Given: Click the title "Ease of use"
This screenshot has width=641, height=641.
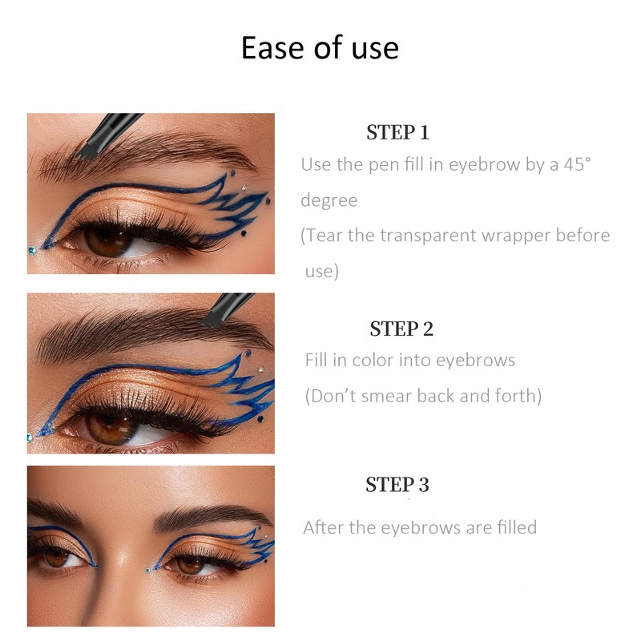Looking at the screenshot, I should tap(320, 48).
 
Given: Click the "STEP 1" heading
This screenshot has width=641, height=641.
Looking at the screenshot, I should tap(397, 132).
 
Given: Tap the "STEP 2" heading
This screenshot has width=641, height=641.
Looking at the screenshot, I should tap(401, 329).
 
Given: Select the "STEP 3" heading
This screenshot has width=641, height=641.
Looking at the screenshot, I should tap(397, 485).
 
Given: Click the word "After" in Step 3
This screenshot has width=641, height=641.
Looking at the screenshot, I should tap(324, 527).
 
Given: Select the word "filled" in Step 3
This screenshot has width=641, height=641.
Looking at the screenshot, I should tap(512, 527).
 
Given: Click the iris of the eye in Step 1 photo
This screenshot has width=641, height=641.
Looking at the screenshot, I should tap(104, 238).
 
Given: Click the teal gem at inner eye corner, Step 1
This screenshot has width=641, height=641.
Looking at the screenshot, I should tap(30, 250).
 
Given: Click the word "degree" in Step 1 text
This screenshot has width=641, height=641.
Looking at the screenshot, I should tap(329, 200).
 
